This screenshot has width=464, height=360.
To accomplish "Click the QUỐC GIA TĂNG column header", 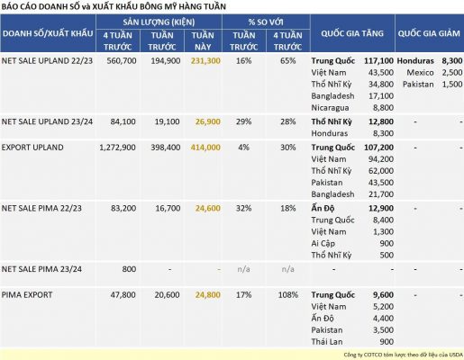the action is pyautogui.click(x=352, y=33).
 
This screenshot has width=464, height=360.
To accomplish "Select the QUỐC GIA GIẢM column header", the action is pyautogui.click(x=429, y=33).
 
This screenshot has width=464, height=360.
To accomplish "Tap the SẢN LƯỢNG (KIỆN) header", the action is pyautogui.click(x=159, y=22).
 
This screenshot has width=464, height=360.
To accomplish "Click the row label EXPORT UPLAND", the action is pyautogui.click(x=32, y=148).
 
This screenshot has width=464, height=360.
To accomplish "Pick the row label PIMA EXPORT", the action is pyautogui.click(x=27, y=295).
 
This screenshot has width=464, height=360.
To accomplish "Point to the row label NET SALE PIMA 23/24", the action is pyautogui.click(x=41, y=269).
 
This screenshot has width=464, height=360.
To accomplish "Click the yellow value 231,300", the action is pyautogui.click(x=205, y=61).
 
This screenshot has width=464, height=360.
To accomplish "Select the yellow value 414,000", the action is pyautogui.click(x=205, y=148).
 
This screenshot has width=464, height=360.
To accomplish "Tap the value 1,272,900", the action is pyautogui.click(x=117, y=148).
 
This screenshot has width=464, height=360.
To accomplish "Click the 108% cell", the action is pyautogui.click(x=288, y=295).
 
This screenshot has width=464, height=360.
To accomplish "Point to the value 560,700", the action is pyautogui.click(x=122, y=61).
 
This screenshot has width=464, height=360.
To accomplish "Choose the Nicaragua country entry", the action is pyautogui.click(x=330, y=108).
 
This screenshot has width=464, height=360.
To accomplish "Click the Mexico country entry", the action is pyautogui.click(x=420, y=73).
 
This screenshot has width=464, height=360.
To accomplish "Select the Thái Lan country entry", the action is pyautogui.click(x=327, y=342).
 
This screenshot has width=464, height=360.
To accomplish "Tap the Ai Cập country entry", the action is pyautogui.click(x=323, y=243).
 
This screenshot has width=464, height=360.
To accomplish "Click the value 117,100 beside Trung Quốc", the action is pyautogui.click(x=378, y=61).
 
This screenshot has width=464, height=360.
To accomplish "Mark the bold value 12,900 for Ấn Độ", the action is pyautogui.click(x=381, y=208).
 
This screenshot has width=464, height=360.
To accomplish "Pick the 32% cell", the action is pyautogui.click(x=243, y=208).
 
